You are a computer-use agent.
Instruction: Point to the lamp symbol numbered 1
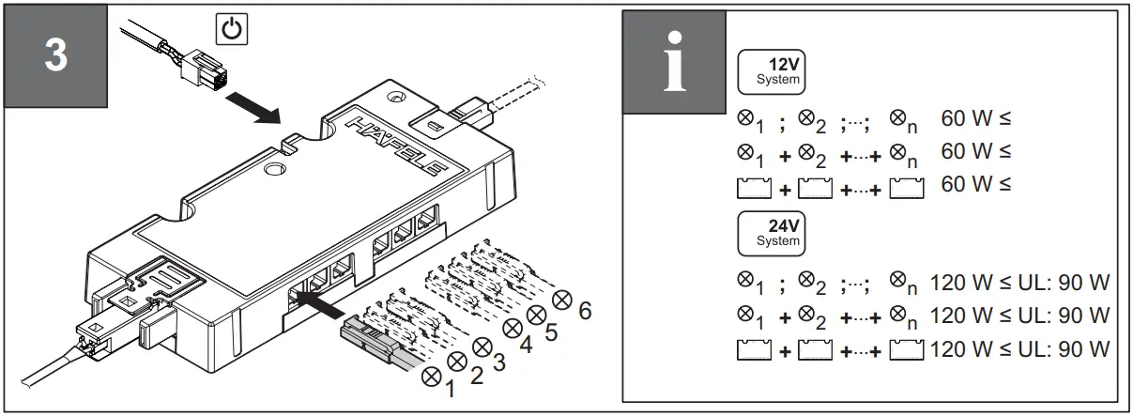[x=433, y=375]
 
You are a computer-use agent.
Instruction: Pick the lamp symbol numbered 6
[x=563, y=300]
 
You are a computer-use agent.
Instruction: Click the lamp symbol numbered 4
[x=513, y=329]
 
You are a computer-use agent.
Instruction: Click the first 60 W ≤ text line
[x=975, y=120]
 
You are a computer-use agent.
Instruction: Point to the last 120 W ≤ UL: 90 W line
[x=1019, y=349]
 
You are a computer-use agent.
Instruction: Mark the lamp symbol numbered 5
[x=537, y=315]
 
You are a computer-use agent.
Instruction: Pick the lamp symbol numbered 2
[x=457, y=361]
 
